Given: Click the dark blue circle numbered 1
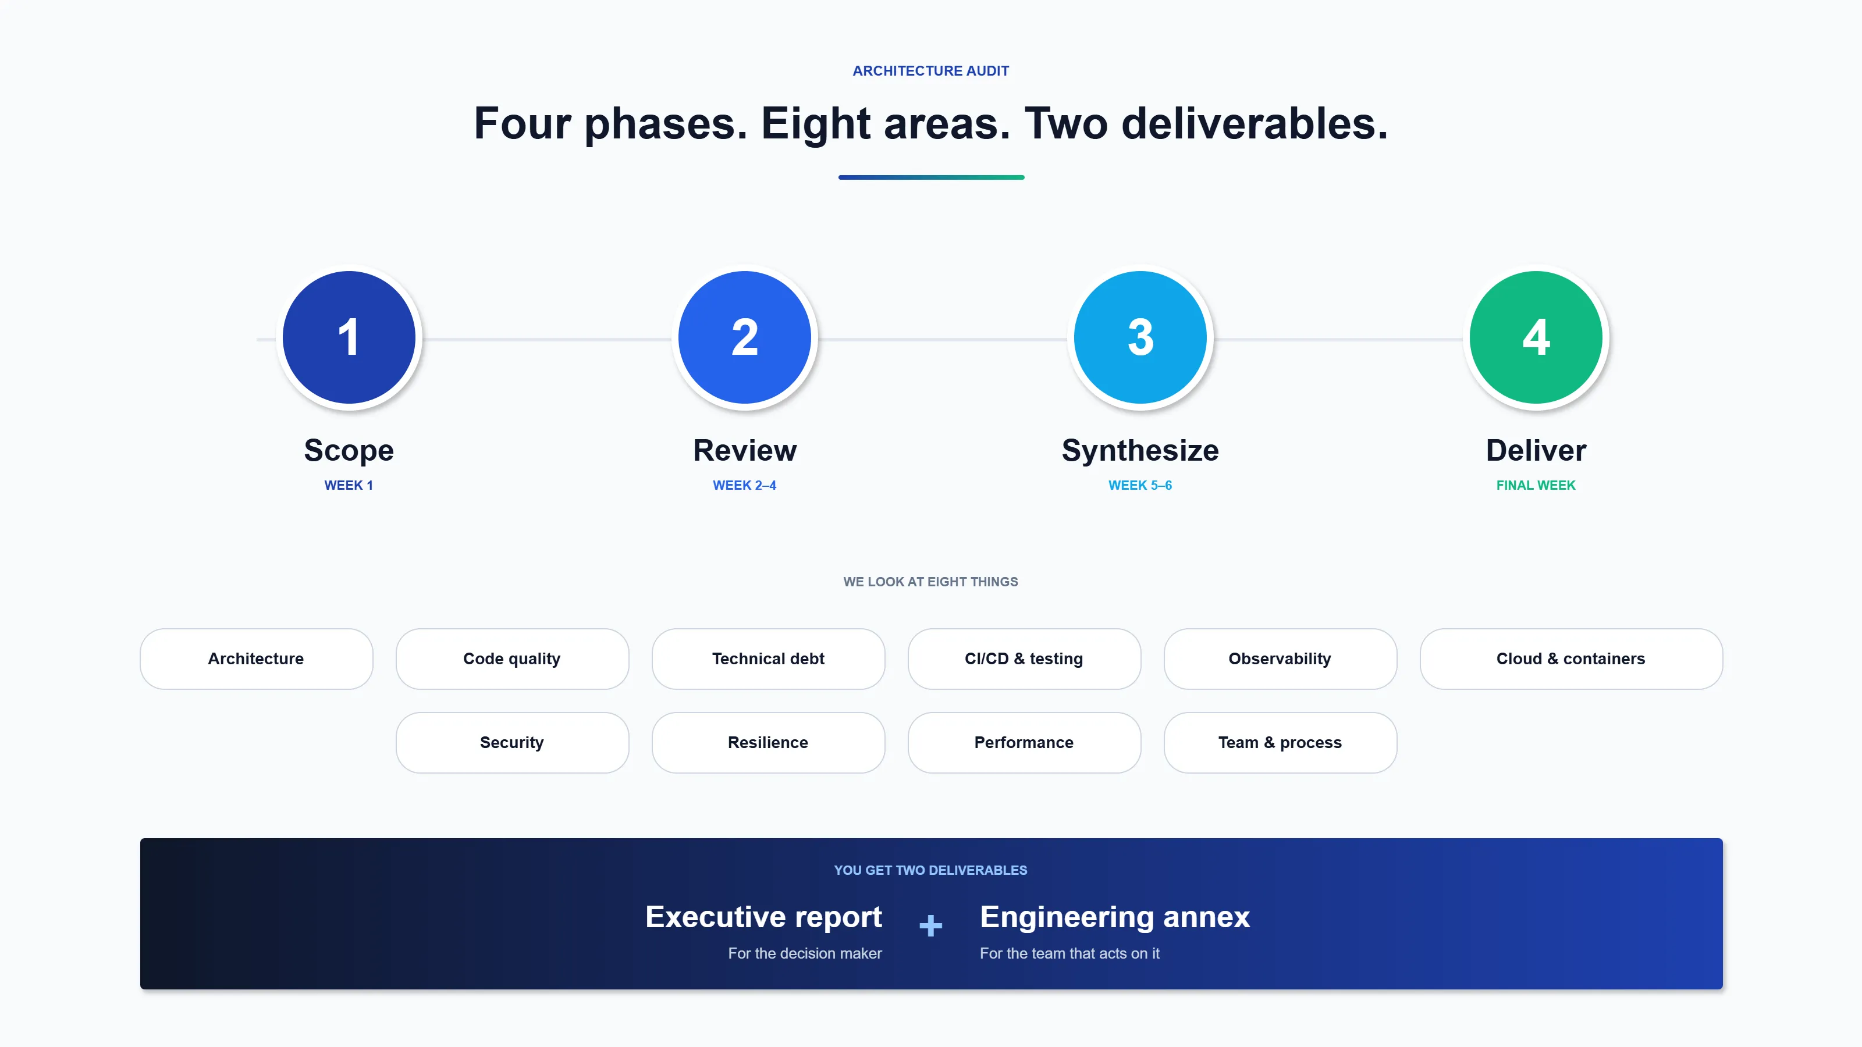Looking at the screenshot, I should [x=349, y=337].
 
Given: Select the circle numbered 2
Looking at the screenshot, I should [x=745, y=337].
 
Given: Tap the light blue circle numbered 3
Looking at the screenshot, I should [x=1140, y=337].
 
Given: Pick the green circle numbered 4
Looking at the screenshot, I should [x=1536, y=337].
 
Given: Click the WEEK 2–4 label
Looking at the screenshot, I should [x=745, y=486].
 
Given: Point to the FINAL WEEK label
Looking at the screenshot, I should [x=1536, y=486].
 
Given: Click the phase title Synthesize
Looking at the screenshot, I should [x=1140, y=450].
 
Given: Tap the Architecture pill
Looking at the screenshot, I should [x=256, y=659].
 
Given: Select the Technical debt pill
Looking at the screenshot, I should [x=767, y=659].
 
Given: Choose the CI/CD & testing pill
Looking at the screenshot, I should [x=1024, y=659].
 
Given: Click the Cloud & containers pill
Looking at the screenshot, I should [x=1570, y=659].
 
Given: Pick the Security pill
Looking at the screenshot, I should [x=512, y=743].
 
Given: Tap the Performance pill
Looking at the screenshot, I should [x=1024, y=743].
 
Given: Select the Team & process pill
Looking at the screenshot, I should [x=1280, y=743].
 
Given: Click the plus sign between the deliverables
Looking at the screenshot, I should [x=930, y=925].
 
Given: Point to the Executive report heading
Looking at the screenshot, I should [x=763, y=917].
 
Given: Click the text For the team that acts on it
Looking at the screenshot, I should [x=1069, y=954].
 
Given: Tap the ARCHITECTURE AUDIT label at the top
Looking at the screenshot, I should [x=930, y=71].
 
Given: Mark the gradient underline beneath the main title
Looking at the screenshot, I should [x=931, y=177].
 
